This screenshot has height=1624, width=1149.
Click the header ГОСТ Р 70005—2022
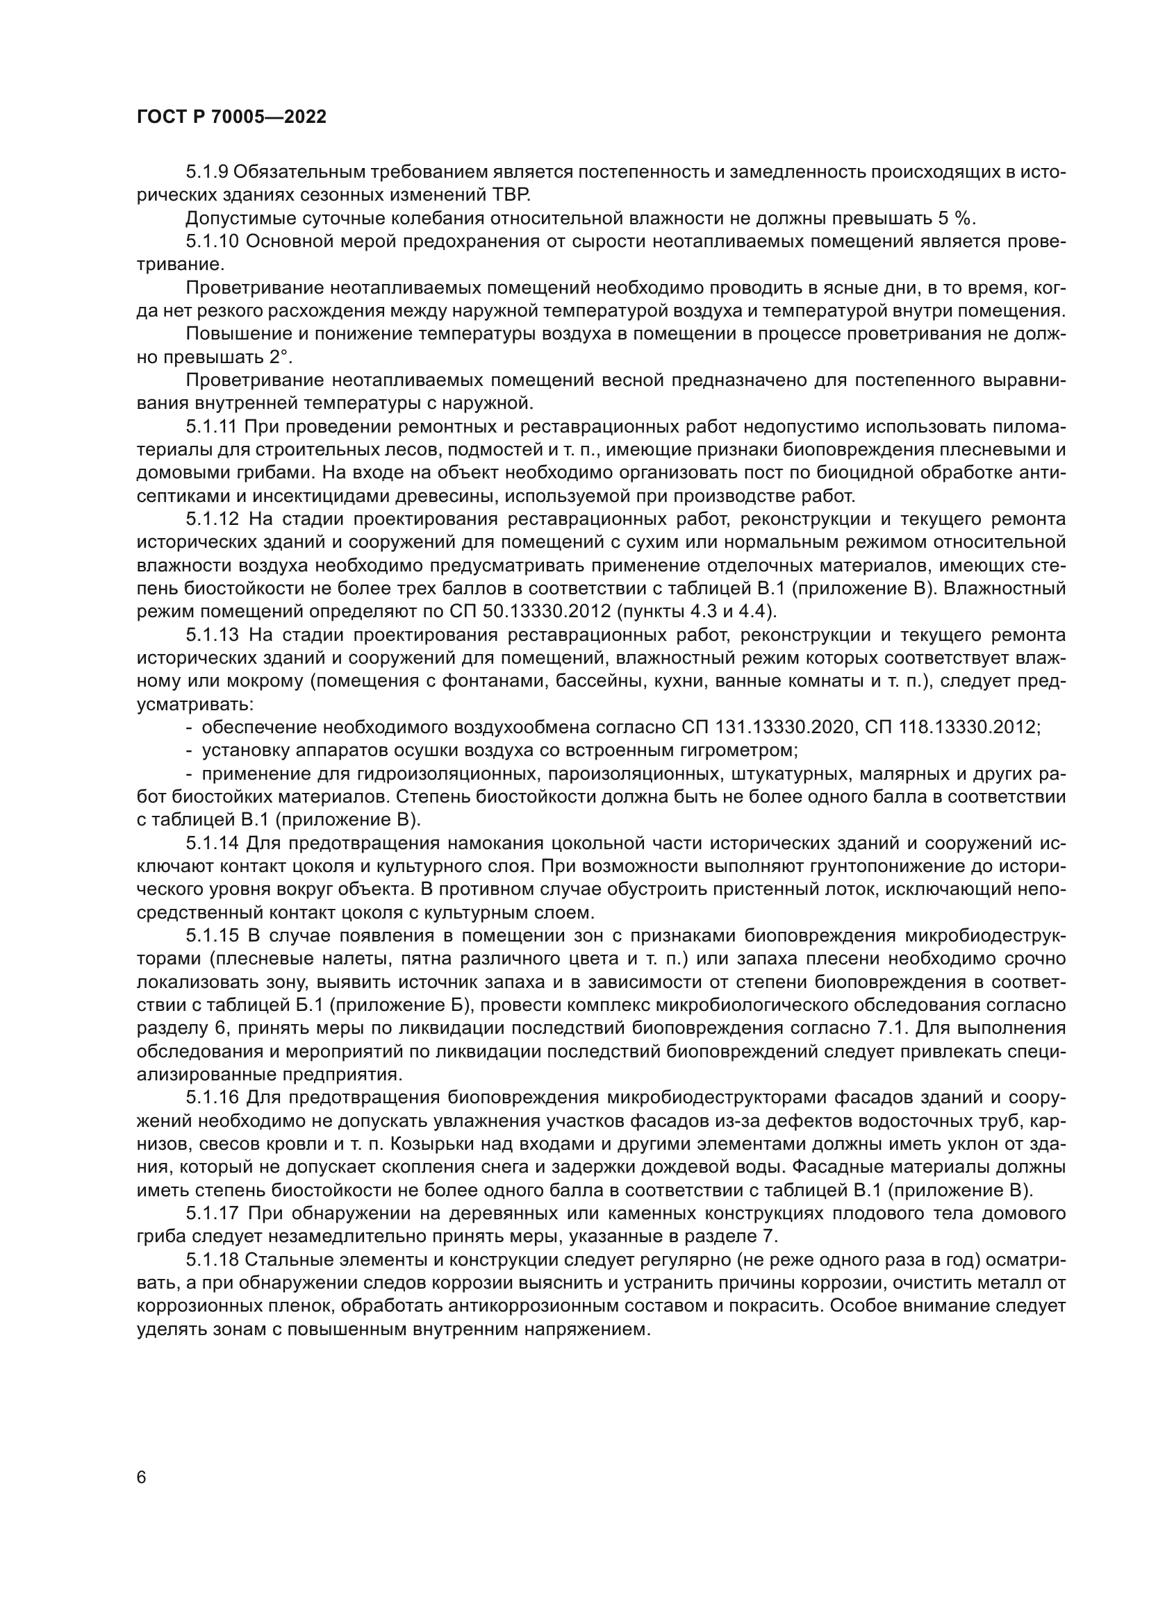[x=231, y=117]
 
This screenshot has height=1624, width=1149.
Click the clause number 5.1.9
[x=206, y=172]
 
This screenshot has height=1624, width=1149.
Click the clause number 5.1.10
[x=213, y=241]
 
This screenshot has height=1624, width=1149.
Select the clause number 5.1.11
[x=212, y=426]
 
